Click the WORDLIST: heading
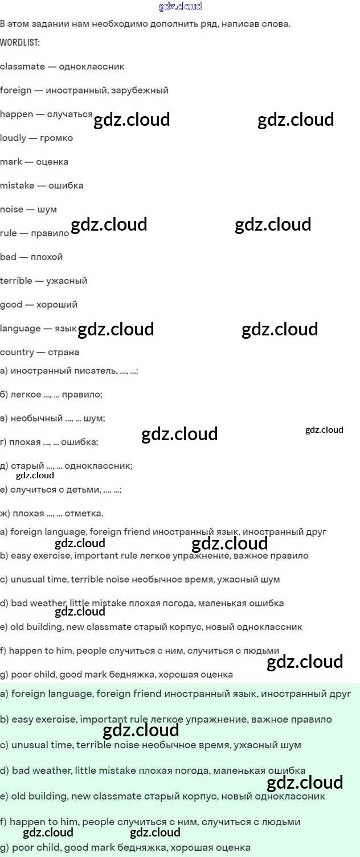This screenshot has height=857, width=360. coord(20,43)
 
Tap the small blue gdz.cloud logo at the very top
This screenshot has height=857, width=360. coord(180,7)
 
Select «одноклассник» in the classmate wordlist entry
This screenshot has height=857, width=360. coord(92,67)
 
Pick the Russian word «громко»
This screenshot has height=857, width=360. coord(56,138)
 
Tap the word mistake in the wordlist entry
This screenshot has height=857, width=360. coord(17,186)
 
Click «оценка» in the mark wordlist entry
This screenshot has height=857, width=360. coord(52,162)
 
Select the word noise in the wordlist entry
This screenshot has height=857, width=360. coord(11,210)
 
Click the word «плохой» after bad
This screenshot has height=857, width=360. coord(47,257)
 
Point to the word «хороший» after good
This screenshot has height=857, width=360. coord(57,305)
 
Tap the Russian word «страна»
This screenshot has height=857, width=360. coord(63,352)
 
